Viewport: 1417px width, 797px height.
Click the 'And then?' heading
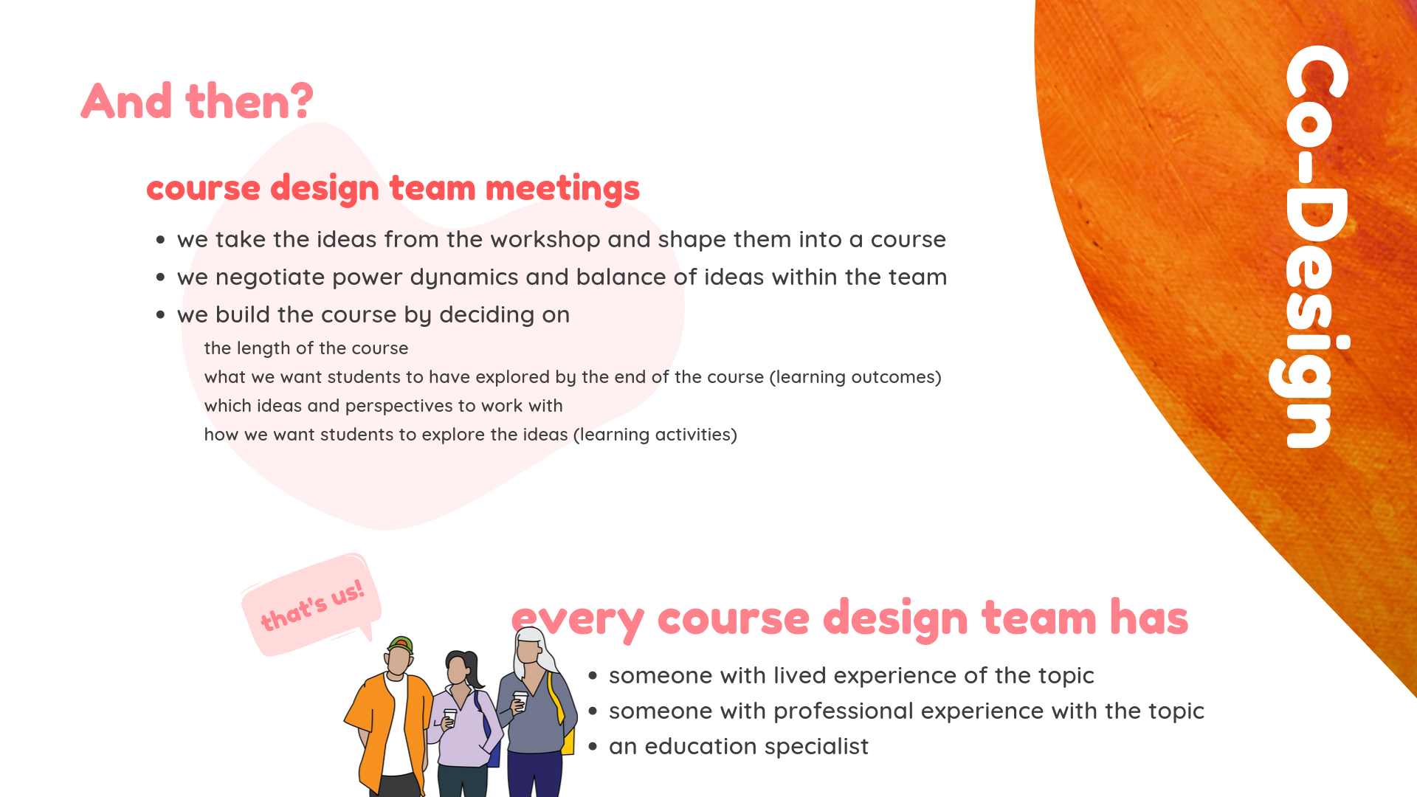click(x=197, y=101)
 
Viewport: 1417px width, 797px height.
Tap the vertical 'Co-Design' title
click(x=1310, y=246)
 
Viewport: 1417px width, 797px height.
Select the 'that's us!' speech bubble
click(x=311, y=604)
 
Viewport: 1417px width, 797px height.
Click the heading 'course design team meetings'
click(x=393, y=188)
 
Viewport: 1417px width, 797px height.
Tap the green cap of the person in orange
click(x=400, y=644)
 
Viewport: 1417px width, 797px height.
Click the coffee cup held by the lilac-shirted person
click(x=450, y=716)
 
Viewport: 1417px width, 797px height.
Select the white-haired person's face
click(x=528, y=650)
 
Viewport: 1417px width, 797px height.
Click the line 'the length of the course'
click(x=306, y=348)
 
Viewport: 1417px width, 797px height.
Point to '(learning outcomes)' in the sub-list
click(x=855, y=377)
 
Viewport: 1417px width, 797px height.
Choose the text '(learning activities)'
click(x=655, y=435)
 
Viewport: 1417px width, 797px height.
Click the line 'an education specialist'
click(x=739, y=747)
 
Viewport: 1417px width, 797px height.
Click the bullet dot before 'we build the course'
click(x=160, y=315)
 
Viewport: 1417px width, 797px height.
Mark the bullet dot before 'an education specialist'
click(x=593, y=747)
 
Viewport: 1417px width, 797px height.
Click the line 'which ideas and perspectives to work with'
click(x=383, y=406)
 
